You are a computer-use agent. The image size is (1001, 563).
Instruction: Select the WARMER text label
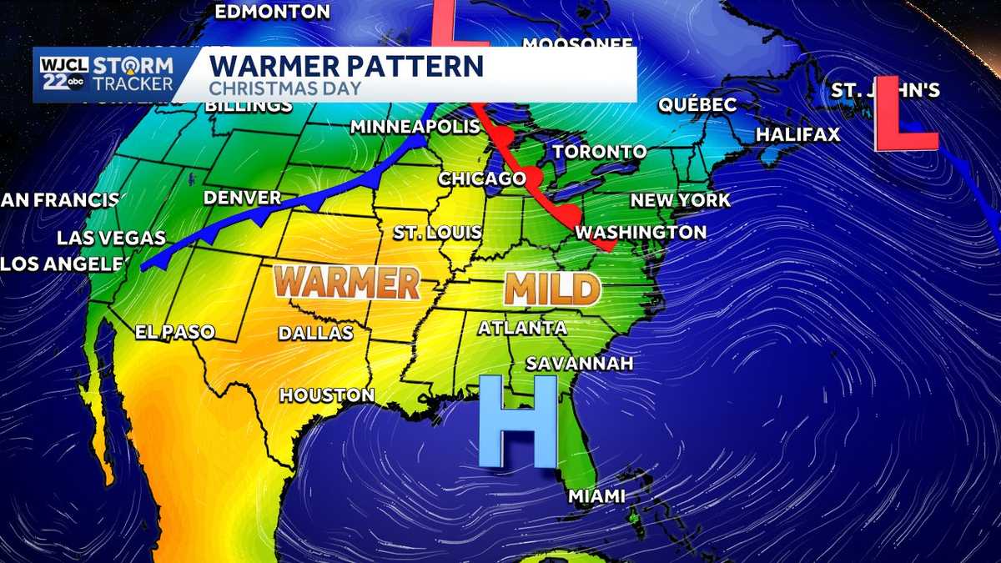[346, 282]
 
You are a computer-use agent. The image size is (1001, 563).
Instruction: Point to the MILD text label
[551, 289]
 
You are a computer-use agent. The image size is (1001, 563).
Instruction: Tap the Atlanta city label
[522, 328]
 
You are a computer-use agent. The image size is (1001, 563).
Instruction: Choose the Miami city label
[596, 496]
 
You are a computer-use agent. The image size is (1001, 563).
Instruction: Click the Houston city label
[327, 395]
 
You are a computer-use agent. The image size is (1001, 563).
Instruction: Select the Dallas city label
[315, 333]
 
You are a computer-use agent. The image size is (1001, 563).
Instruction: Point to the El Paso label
[175, 332]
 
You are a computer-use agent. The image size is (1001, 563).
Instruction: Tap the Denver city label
[243, 198]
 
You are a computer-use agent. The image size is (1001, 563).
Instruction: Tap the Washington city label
[641, 232]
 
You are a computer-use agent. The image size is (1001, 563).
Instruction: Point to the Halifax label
[797, 134]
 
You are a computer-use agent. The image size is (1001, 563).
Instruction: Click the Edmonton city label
[272, 12]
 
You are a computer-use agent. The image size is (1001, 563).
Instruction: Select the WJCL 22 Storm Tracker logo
[106, 75]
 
